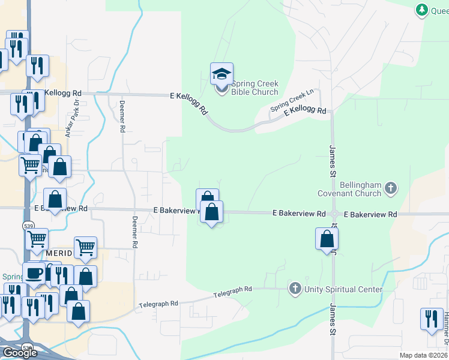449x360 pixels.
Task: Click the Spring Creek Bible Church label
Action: pyautogui.click(x=255, y=88)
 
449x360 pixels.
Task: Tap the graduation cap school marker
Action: pyautogui.click(x=221, y=75)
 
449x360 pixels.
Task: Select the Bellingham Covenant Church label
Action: pyautogui.click(x=352, y=189)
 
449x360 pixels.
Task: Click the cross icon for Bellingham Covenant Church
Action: pyautogui.click(x=390, y=188)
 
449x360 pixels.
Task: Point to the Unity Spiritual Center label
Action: pyautogui.click(x=343, y=289)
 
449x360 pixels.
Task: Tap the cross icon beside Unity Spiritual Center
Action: pyautogui.click(x=295, y=289)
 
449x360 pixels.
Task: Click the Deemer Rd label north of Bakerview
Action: pyautogui.click(x=122, y=116)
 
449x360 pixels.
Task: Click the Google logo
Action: pyautogui.click(x=20, y=353)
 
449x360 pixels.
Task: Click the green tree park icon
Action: pyautogui.click(x=422, y=10)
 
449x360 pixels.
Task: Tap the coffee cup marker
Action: pyautogui.click(x=34, y=273)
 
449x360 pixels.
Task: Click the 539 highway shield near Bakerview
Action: pyautogui.click(x=29, y=226)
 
